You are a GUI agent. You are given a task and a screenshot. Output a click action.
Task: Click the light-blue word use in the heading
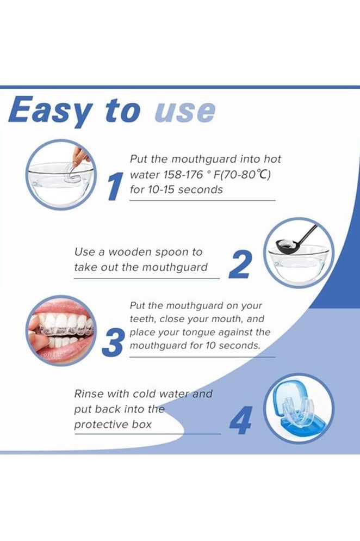pyautogui.click(x=185, y=112)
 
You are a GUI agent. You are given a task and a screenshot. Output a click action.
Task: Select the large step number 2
pyautogui.click(x=240, y=265)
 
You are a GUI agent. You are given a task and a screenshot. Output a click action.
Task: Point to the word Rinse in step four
pyautogui.click(x=88, y=394)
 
